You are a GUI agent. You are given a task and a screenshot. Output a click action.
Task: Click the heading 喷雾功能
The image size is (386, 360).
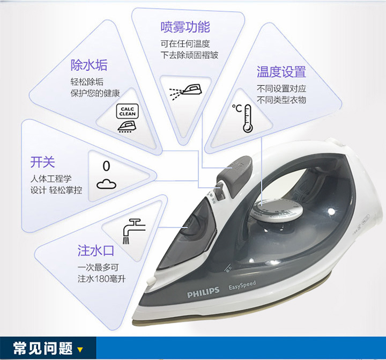pos(185,27)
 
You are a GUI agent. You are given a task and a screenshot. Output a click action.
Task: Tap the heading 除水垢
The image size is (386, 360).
pos(89,65)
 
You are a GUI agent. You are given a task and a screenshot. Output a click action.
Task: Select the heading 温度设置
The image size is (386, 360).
pos(281,71)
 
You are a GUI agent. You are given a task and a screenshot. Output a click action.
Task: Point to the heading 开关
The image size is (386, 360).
pos(42,161)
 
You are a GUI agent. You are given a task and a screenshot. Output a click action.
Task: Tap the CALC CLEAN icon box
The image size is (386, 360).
pos(127,111)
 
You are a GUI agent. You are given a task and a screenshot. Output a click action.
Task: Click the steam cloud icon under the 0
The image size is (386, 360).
pos(106,184)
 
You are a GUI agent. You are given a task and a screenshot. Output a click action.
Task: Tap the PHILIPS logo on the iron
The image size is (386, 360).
pos(203,291)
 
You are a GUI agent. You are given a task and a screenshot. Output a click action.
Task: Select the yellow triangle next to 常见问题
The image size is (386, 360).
pos(80,350)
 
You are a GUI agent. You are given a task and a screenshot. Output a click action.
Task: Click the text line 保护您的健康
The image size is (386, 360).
pos(95,93)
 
